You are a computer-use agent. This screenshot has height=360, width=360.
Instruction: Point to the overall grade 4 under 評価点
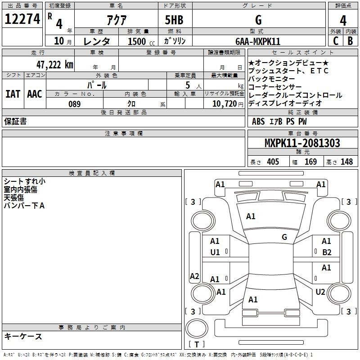pos(343,20)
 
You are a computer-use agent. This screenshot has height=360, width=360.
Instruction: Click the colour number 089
pos(75,104)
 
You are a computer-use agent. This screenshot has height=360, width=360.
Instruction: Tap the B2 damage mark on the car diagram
pos(327,252)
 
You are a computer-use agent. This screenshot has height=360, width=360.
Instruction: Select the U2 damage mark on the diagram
pos(320,292)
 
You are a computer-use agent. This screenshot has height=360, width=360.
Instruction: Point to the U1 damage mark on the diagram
pos(215,252)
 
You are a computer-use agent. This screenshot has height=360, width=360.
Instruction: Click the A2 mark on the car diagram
pos(194,276)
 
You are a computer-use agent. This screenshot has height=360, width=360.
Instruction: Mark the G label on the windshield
pos(284,237)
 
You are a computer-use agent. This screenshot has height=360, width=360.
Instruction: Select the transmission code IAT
pos(13,94)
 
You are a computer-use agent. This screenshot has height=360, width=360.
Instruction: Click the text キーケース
pos(23,337)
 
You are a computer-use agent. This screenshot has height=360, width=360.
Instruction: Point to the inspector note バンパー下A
pos(24,206)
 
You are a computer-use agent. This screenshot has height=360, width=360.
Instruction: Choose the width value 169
pos(310,162)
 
